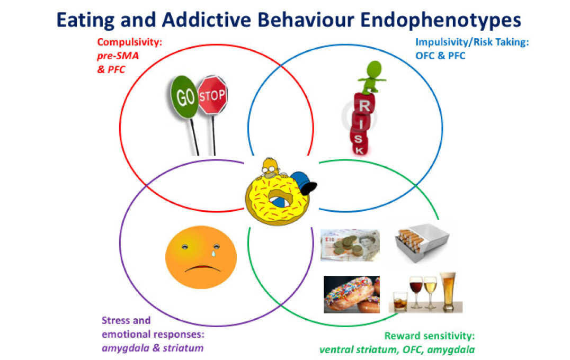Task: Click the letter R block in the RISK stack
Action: (x=364, y=105)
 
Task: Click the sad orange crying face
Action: (x=201, y=256)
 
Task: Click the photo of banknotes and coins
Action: (x=350, y=245)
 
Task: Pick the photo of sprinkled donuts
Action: (x=351, y=294)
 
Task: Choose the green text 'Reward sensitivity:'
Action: (x=430, y=336)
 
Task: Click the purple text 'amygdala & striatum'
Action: (x=152, y=348)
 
